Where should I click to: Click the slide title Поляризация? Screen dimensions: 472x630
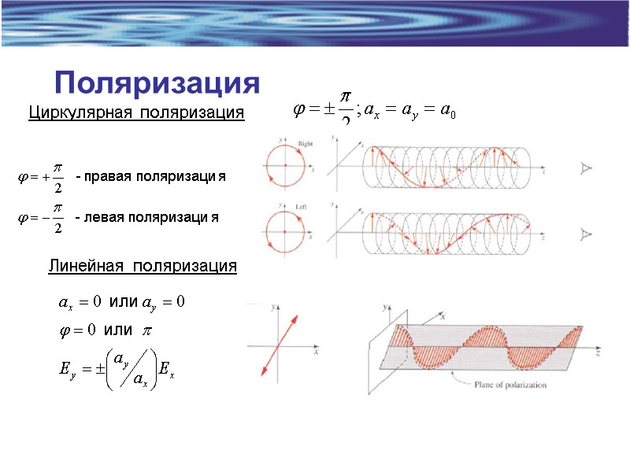tap(157, 82)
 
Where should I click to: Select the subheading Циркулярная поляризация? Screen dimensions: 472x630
tap(136, 113)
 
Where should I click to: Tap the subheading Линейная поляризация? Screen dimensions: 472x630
tap(143, 267)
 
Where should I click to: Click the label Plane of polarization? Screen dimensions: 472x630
tap(510, 385)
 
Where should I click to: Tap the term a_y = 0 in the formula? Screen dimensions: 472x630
tap(163, 302)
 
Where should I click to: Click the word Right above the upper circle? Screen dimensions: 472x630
tap(306, 144)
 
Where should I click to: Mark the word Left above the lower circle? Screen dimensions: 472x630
tap(301, 206)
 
